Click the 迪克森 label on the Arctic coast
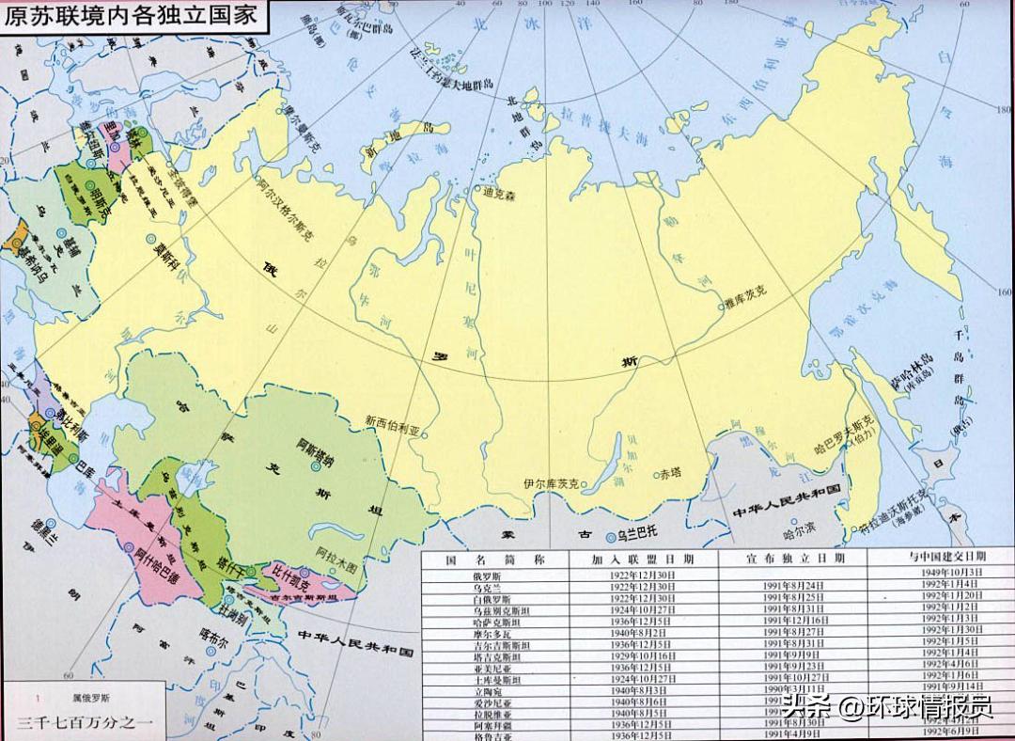500,195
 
